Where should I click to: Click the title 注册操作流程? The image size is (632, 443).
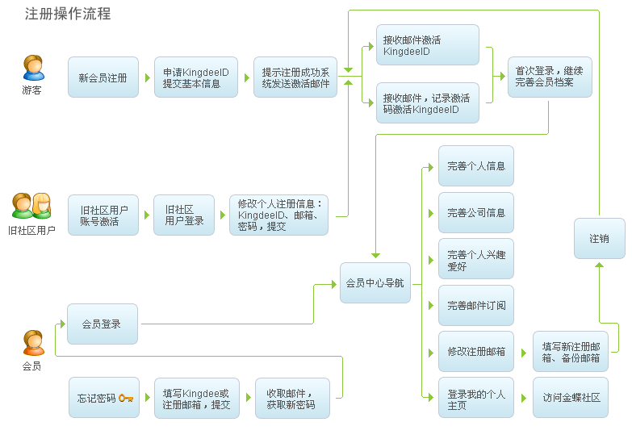(68, 14)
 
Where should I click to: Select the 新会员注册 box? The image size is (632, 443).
(103, 77)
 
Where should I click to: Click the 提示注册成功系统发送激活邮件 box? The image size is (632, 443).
(295, 77)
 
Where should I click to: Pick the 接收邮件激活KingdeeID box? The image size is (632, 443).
(427, 45)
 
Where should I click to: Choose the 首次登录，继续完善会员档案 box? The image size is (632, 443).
(549, 77)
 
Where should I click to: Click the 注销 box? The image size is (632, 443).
(599, 239)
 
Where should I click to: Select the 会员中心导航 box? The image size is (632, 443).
(375, 283)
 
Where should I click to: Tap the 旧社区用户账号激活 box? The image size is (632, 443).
(103, 215)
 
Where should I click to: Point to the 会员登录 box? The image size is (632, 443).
(103, 324)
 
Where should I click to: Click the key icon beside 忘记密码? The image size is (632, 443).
(126, 398)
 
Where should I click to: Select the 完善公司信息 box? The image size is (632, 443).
(475, 213)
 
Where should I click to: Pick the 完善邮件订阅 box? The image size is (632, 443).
(475, 306)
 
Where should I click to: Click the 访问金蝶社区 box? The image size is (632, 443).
(570, 398)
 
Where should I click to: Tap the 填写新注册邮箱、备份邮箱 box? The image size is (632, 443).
(570, 352)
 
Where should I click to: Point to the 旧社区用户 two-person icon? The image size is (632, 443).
(31, 206)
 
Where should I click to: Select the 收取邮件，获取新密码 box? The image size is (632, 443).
(292, 398)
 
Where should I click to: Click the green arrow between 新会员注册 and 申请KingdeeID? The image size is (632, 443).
(147, 78)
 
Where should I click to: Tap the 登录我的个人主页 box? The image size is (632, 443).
(475, 398)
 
